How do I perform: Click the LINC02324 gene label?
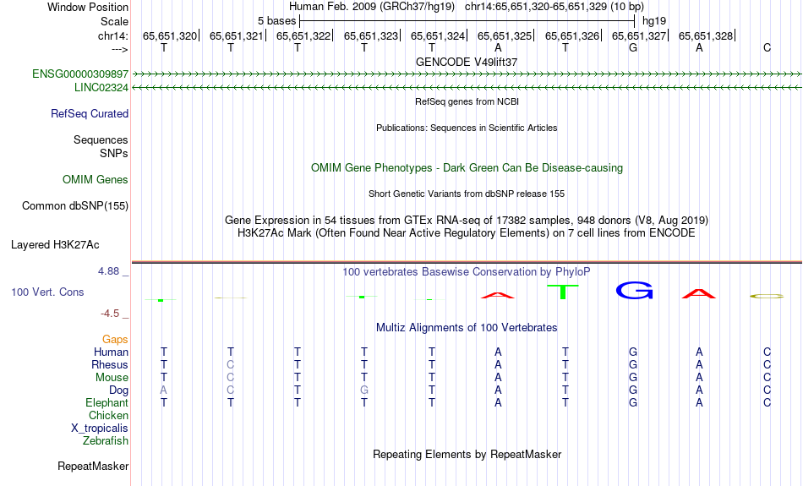(101, 88)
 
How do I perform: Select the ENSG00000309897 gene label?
(80, 74)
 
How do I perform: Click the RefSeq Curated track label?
(90, 114)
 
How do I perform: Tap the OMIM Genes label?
(96, 180)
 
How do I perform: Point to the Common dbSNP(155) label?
(75, 206)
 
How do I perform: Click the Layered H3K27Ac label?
(55, 245)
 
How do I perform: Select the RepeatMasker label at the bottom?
(93, 466)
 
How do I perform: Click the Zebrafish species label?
(106, 441)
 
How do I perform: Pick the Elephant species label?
(107, 403)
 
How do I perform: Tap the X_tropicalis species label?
(100, 429)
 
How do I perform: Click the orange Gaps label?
(115, 340)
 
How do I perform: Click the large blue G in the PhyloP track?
(634, 291)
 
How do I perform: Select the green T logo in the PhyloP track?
(563, 292)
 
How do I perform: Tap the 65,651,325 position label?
(505, 35)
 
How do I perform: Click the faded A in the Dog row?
(163, 390)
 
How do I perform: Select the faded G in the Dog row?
(364, 390)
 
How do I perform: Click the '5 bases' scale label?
(276, 21)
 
